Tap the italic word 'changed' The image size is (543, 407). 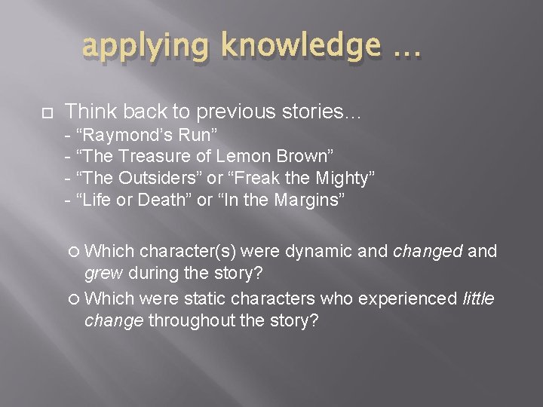coord(428,252)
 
